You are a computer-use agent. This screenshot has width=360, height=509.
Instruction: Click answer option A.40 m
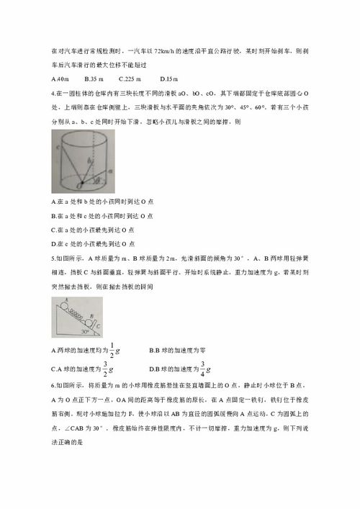click(x=60, y=78)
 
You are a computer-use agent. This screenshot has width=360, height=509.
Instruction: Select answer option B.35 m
click(x=94, y=78)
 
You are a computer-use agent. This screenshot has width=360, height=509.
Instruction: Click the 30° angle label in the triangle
click(x=89, y=333)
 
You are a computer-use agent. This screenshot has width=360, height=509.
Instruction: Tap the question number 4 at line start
click(x=54, y=92)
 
